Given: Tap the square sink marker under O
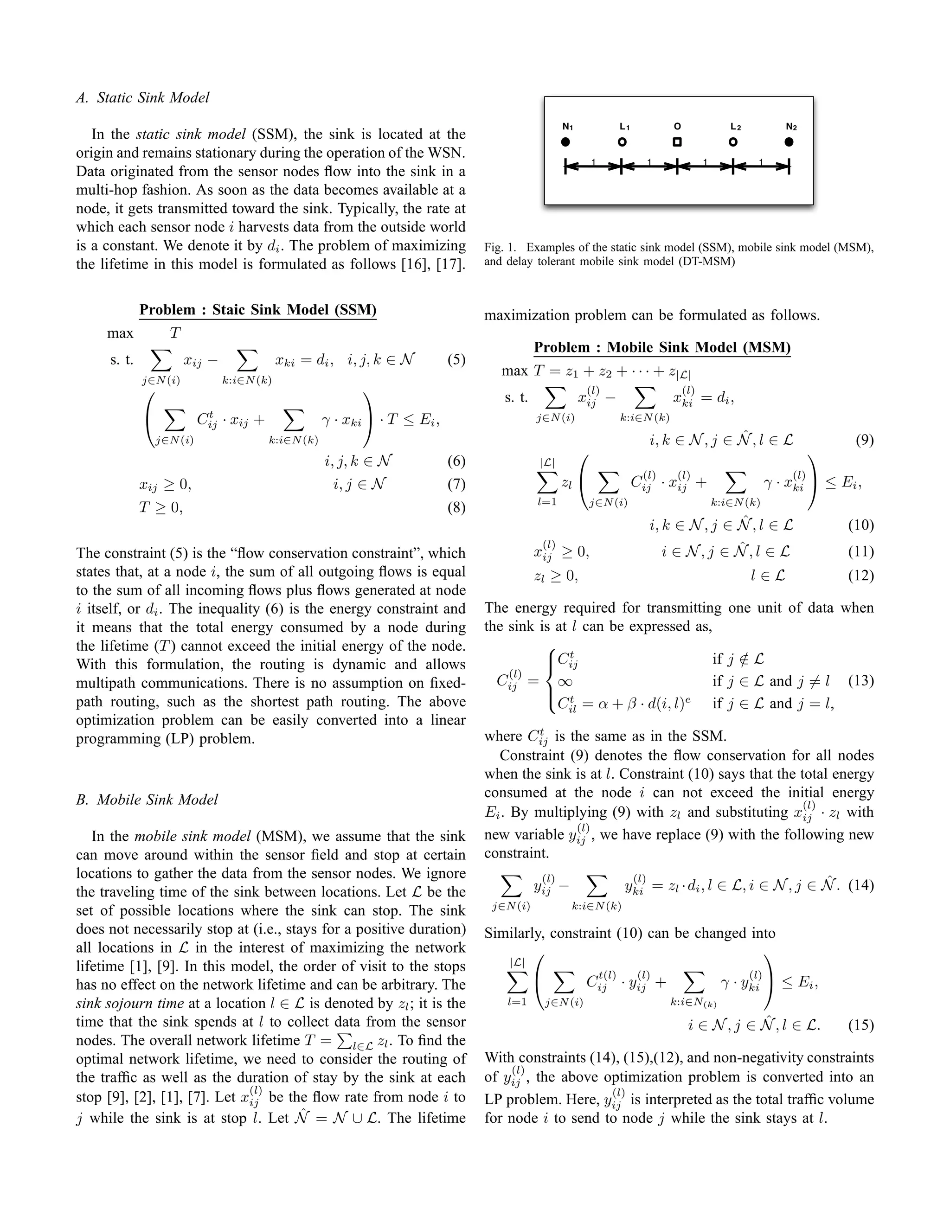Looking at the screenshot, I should coord(678,142).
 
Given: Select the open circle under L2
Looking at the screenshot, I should coord(733,142).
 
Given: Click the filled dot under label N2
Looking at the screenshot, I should coord(789,142).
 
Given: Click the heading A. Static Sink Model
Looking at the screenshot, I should coord(142,97).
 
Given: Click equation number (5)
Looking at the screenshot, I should coord(456,359).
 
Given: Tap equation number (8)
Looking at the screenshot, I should coord(456,507).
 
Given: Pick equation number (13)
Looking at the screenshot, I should coord(860,680).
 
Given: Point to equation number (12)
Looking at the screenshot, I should coord(860,575).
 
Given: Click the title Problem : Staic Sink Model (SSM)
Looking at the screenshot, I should coord(258,310).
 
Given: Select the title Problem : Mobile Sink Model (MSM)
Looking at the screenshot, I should coord(662,347).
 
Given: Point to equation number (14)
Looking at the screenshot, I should coord(860,885).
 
